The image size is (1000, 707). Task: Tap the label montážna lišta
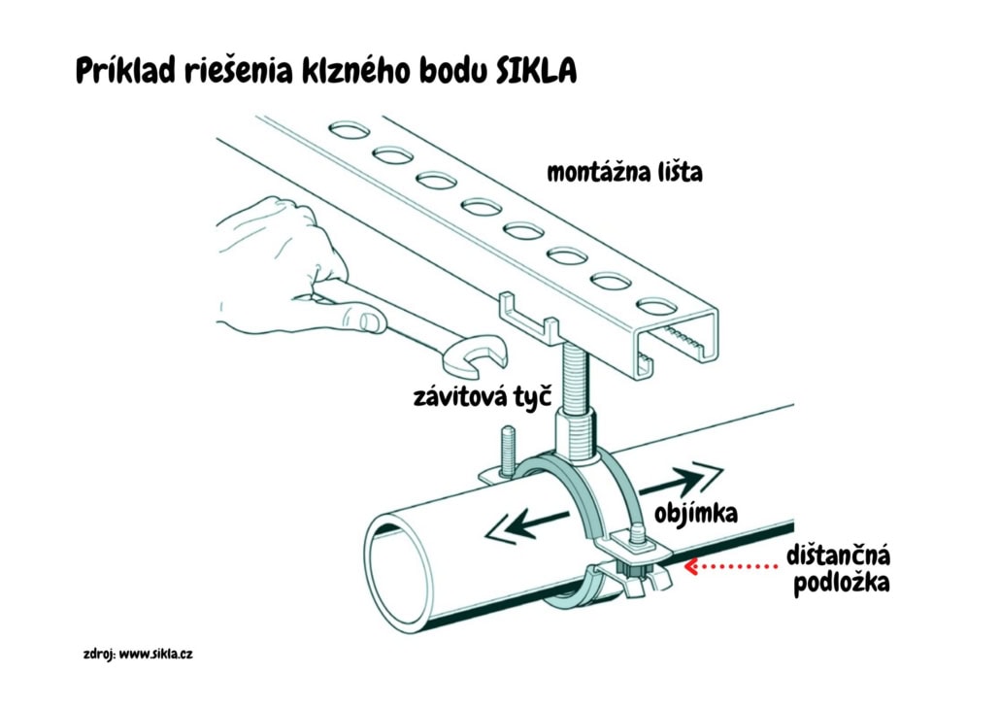coord(624,174)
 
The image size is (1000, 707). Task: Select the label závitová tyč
coord(483,396)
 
